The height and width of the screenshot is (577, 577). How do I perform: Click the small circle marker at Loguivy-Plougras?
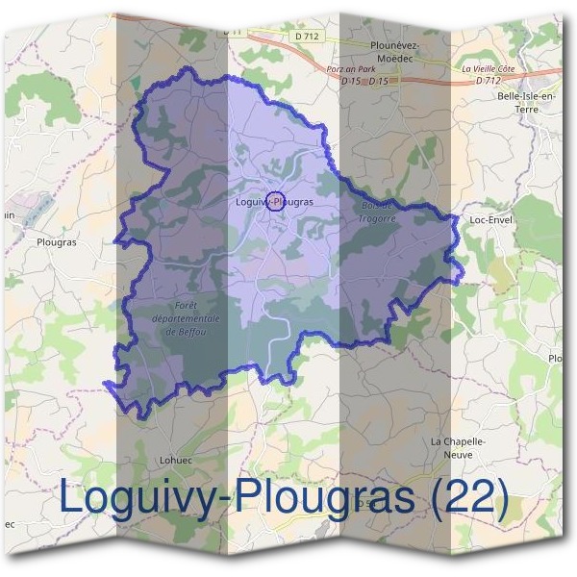[x=275, y=200]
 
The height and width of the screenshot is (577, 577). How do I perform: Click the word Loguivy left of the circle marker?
[x=250, y=202]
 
